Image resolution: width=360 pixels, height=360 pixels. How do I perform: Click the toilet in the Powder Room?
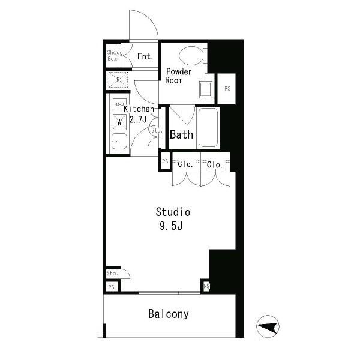(193, 56)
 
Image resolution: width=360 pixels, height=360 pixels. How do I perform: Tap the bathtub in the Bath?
(208, 127)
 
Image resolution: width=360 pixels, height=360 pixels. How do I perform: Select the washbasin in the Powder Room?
(205, 89)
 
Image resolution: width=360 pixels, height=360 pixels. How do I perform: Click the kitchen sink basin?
(119, 142)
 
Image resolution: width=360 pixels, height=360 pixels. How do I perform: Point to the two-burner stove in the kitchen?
(119, 104)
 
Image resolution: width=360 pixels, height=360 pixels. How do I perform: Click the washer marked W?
(119, 122)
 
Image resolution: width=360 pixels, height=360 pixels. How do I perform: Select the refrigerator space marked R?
(118, 80)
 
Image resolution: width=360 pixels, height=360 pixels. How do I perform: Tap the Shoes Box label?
(115, 56)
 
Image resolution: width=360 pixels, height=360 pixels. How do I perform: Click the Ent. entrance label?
(145, 56)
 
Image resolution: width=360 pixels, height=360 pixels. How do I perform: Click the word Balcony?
(168, 314)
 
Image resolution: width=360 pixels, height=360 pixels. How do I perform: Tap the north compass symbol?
(268, 326)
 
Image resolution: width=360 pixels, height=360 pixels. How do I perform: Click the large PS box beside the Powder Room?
(227, 89)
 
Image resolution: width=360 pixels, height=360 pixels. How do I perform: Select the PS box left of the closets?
(166, 161)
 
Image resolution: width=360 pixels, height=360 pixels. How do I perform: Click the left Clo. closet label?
(185, 164)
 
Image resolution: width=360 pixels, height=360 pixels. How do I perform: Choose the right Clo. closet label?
(214, 164)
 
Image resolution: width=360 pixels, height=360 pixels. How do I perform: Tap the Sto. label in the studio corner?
(113, 274)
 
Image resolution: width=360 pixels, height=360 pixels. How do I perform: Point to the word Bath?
(181, 135)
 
